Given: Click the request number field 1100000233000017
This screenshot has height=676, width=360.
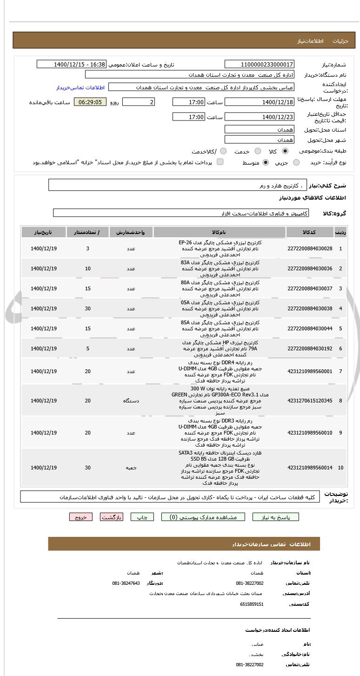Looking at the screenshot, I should point(259,65).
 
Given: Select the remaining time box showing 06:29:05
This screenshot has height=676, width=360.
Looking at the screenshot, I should point(90,102).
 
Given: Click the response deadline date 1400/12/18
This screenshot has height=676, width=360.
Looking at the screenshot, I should point(259,102).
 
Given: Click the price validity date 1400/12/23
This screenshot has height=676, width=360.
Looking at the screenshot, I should point(259,117).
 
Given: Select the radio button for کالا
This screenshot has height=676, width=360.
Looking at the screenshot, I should point(285,151).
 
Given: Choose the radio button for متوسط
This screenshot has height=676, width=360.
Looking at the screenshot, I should point(266,162).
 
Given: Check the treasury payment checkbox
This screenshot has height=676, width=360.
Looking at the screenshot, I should point(220,162).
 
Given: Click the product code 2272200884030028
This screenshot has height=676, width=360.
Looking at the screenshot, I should point(310,248).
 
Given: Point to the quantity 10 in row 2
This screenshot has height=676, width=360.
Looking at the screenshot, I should point(88,268).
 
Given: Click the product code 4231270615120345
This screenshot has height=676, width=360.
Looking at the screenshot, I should point(310,401).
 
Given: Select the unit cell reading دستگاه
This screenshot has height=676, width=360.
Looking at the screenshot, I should point(131,401).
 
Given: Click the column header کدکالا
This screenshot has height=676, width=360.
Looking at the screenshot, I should point(310,232).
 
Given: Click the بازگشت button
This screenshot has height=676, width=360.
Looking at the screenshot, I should point(111,517).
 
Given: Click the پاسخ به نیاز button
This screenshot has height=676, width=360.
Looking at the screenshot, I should point(275,517).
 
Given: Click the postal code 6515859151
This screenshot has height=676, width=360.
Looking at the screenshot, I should point(252,604).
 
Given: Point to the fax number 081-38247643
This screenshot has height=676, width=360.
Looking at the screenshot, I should point(126,583).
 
